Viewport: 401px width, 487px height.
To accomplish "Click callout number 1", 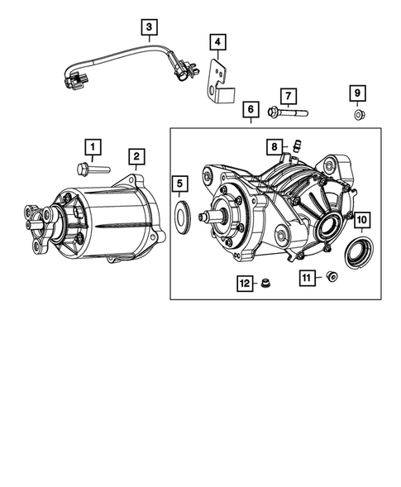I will tap(93, 148).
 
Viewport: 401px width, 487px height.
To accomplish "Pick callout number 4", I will tap(217, 41).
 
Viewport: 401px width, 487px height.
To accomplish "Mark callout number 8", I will tap(274, 147).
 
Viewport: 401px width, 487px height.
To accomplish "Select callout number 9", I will tap(360, 93).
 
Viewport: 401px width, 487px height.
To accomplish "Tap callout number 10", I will tap(360, 220).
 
